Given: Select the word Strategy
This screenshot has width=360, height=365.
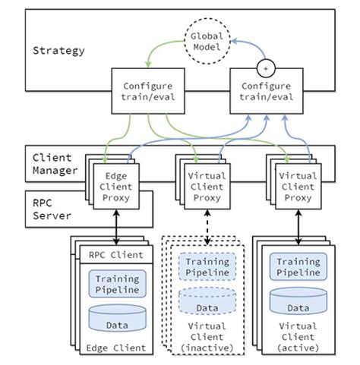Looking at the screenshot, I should (x=58, y=51).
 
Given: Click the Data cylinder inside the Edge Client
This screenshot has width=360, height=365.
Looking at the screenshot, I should (x=116, y=318).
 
